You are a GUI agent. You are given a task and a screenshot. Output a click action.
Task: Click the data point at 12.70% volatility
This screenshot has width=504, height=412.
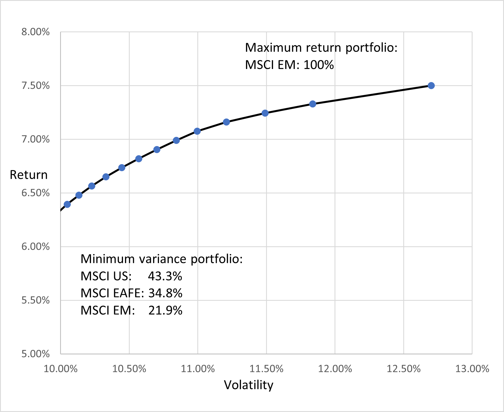(x=431, y=85)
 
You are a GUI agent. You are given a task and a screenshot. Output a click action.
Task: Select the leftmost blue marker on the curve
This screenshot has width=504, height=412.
(x=67, y=204)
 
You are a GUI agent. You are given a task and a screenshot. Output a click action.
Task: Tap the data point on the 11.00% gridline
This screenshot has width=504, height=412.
(x=197, y=131)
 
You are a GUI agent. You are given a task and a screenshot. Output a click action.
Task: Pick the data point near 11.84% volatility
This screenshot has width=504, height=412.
(x=313, y=104)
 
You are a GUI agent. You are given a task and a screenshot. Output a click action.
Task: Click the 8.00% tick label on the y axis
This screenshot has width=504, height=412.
(x=36, y=32)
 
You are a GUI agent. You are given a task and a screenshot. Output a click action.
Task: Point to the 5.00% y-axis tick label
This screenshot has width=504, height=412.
(x=36, y=354)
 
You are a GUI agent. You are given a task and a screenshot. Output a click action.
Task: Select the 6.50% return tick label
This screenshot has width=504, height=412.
(x=36, y=193)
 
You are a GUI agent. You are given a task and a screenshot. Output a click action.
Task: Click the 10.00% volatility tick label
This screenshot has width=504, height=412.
(x=61, y=369)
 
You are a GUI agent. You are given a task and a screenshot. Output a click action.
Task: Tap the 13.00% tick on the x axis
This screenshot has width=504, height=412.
(x=472, y=369)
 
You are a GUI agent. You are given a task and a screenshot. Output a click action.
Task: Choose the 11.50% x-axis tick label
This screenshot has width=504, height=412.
(x=266, y=369)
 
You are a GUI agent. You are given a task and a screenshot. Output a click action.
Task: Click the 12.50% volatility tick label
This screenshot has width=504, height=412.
(x=404, y=369)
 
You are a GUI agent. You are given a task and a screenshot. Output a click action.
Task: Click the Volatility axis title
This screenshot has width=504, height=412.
(x=249, y=385)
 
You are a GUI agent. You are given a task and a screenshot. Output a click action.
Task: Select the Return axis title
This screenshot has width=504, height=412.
(x=29, y=175)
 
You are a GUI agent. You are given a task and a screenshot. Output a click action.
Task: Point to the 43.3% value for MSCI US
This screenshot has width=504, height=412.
(x=165, y=276)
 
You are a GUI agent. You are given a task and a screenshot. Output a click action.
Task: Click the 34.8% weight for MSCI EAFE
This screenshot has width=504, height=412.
(x=165, y=293)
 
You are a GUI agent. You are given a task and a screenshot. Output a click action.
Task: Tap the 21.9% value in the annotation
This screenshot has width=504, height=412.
(x=165, y=310)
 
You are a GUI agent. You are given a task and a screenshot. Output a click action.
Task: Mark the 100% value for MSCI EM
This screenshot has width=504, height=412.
(x=319, y=65)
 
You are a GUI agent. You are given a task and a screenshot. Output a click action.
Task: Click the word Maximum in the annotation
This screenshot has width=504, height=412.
(x=274, y=48)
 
